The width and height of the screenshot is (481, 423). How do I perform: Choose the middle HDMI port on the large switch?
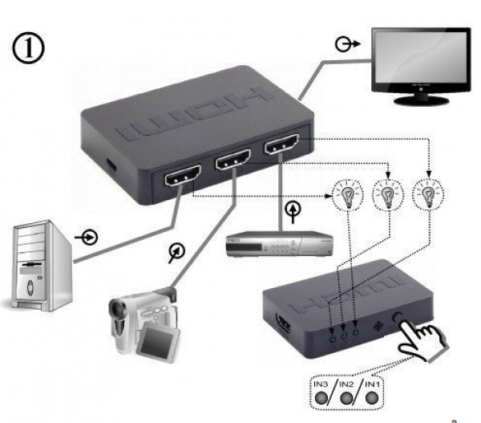(x=229, y=161)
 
